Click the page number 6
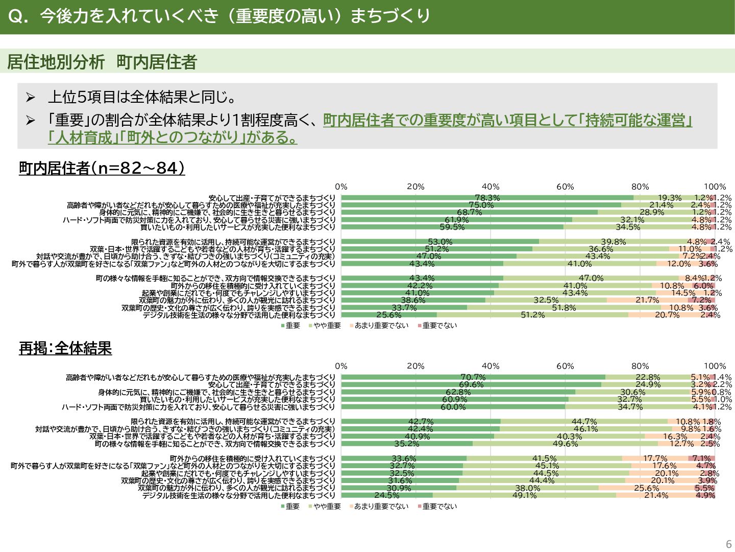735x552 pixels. (728, 544)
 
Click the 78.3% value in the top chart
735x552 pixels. (487, 198)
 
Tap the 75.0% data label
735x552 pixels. (481, 205)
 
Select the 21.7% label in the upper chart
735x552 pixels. (647, 300)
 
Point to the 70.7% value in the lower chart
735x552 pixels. (473, 377)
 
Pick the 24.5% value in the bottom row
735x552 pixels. (387, 495)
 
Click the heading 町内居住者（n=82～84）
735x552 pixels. (102, 168)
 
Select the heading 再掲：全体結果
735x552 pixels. (65, 349)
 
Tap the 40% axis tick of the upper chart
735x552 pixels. (491, 187)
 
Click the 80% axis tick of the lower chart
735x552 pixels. (640, 366)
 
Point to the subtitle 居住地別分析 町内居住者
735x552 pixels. (102, 62)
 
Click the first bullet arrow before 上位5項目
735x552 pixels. (31, 97)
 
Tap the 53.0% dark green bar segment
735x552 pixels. (440, 242)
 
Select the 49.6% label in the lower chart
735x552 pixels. (565, 444)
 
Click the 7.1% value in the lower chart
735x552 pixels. (701, 458)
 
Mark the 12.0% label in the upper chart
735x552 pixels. (679, 264)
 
